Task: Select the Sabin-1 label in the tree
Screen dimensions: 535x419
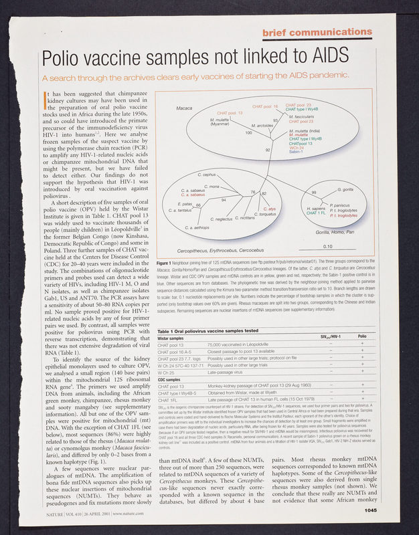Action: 299,152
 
